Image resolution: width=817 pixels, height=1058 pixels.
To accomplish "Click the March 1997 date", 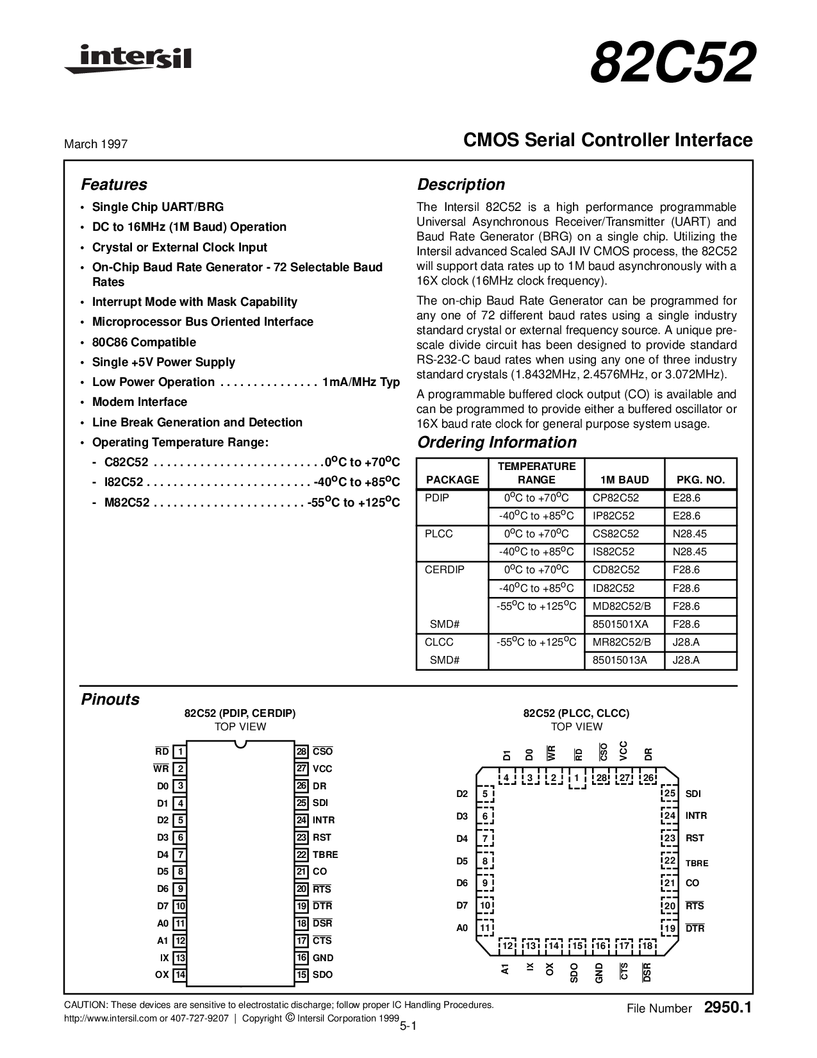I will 95,144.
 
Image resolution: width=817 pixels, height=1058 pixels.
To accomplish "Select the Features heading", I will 114,185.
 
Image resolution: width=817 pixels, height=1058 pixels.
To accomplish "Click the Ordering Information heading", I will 497,442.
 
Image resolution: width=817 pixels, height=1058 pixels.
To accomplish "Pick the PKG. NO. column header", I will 700,480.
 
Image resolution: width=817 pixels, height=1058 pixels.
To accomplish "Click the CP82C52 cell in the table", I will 616,498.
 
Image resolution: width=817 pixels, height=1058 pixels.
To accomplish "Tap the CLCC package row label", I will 439,642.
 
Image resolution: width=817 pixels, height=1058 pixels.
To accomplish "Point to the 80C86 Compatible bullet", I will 144,342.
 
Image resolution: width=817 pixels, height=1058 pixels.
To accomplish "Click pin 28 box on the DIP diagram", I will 302,752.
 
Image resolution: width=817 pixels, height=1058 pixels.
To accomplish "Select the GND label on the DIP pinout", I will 323,958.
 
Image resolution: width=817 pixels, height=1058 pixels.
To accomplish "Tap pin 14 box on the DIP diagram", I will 180,975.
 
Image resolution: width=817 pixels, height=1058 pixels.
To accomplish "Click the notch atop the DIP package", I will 240,744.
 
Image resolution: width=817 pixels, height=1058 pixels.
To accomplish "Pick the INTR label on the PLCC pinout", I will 696,816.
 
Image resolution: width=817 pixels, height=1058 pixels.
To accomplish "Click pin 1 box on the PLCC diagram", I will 577,778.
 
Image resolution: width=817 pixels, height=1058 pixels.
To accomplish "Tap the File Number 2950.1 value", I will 727,1008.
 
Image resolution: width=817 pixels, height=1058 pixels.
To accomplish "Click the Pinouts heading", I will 110,700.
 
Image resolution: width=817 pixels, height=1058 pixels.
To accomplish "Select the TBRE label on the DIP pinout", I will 325,855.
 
